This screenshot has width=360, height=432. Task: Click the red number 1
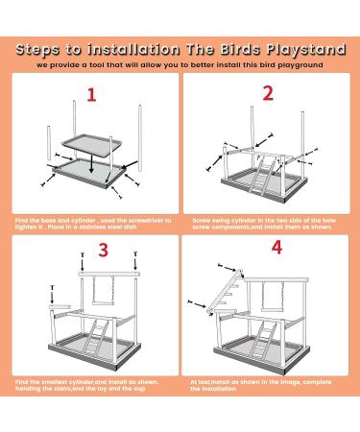pos(91,96)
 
